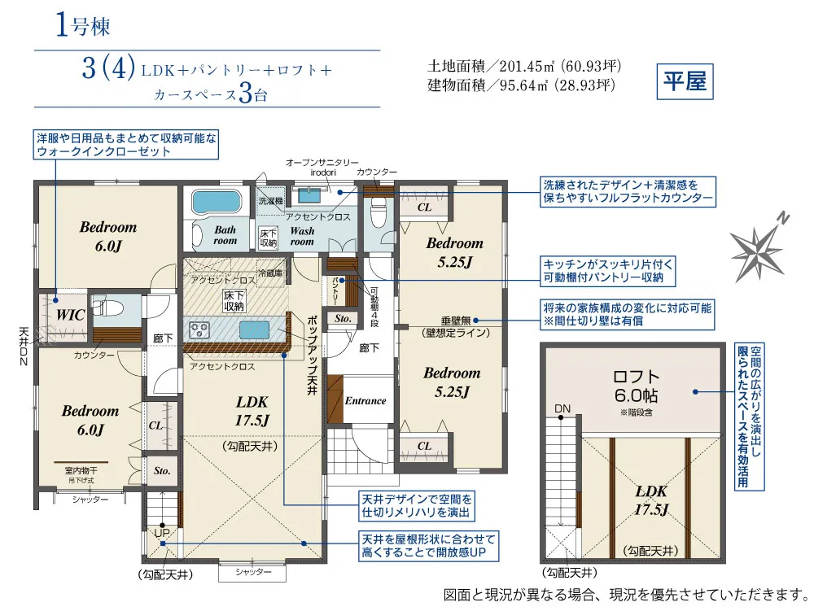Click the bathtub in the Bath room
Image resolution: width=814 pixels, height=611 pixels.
pyautogui.click(x=217, y=203)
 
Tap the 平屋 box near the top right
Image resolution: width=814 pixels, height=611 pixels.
pyautogui.click(x=684, y=83)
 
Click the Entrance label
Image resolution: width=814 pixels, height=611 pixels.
pyautogui.click(x=365, y=400)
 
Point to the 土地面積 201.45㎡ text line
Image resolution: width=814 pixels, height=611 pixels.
pyautogui.click(x=520, y=66)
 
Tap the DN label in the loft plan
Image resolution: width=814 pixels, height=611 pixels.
pyautogui.click(x=562, y=408)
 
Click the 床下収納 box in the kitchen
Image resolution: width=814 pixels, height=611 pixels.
pyautogui.click(x=234, y=301)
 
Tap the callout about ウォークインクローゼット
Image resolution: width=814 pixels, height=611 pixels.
pyautogui.click(x=126, y=145)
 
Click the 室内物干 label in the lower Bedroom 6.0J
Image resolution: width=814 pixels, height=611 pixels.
pyautogui.click(x=81, y=469)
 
